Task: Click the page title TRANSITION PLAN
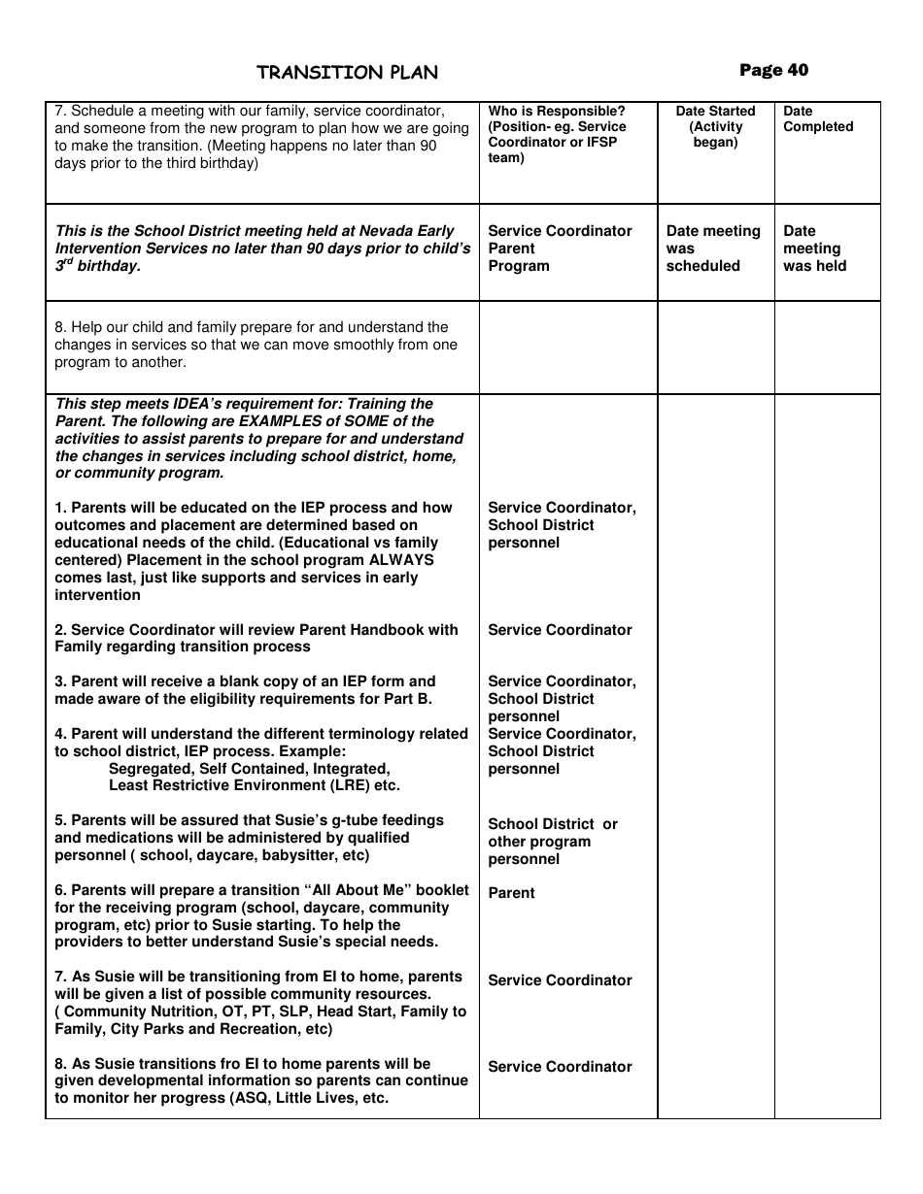347,73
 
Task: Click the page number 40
773,70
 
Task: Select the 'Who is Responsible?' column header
557,134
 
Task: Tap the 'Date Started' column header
715,126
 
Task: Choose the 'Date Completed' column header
818,119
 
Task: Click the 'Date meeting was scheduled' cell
713,249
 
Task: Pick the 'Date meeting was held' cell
814,249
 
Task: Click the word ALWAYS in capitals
401,560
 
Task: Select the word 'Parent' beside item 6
511,893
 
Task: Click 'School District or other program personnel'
552,842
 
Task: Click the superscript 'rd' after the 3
69,260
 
